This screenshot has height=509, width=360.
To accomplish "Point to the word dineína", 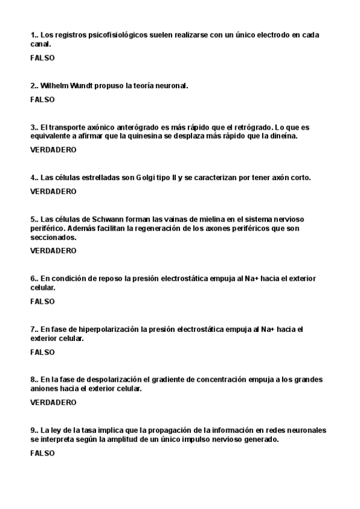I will [x=283, y=136].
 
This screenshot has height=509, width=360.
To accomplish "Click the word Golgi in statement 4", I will [x=148, y=178].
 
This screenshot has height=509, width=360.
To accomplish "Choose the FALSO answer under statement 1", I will [x=42, y=58].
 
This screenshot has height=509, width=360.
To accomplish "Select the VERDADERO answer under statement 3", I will [x=53, y=150].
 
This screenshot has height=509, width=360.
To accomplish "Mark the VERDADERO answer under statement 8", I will [x=53, y=403].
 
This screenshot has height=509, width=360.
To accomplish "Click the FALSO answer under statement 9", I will [x=42, y=453].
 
